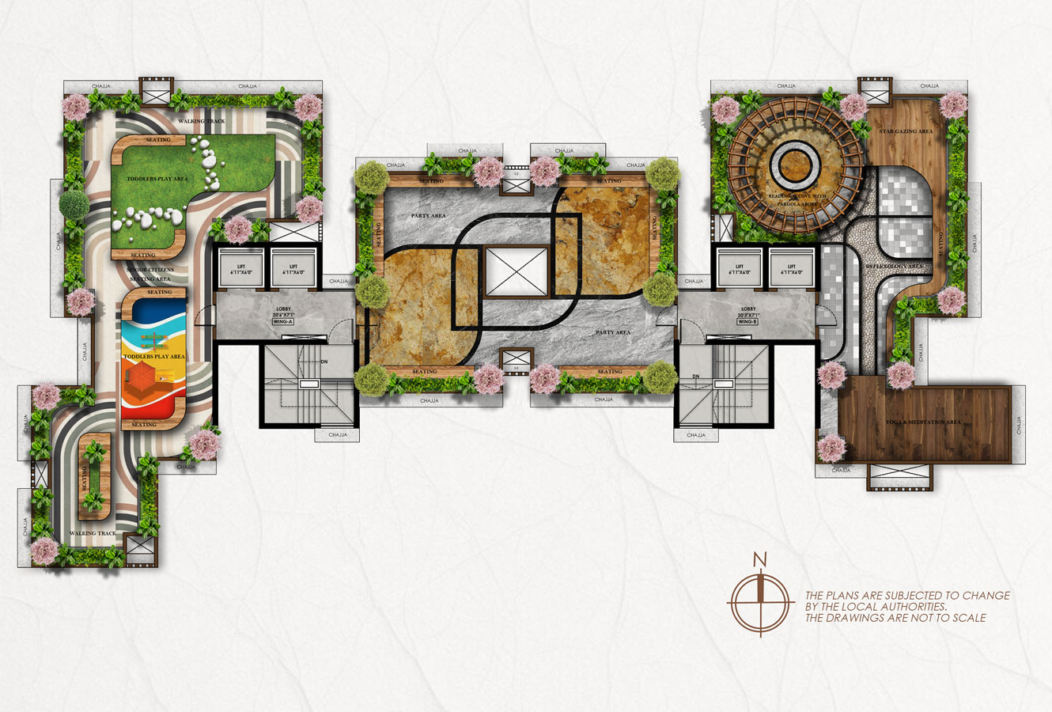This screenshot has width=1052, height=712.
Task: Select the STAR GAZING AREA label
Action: [x=906, y=131]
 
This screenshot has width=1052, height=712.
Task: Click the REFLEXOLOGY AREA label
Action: [x=894, y=267]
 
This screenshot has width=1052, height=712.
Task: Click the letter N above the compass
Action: [x=760, y=560]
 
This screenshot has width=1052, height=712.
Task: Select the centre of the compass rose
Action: [x=760, y=602]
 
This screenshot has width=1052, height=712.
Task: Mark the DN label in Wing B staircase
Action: [x=696, y=376]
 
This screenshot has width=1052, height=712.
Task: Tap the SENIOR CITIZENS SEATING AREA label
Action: [x=152, y=275]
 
